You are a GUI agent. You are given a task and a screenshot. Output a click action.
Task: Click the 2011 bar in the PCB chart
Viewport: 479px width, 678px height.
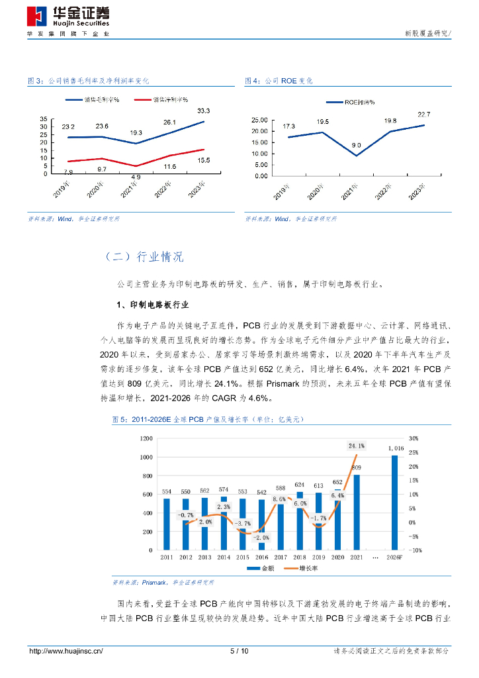click(166, 524)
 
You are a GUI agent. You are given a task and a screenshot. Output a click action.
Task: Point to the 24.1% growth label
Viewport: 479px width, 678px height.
click(356, 446)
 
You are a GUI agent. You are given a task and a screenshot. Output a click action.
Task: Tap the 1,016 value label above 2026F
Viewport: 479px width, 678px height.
click(396, 448)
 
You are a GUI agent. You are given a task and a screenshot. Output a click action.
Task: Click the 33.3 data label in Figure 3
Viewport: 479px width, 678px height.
click(204, 111)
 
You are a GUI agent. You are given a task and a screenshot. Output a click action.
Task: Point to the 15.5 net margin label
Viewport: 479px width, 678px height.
click(204, 160)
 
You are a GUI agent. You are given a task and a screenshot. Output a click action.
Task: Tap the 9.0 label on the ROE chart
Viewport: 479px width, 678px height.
click(356, 145)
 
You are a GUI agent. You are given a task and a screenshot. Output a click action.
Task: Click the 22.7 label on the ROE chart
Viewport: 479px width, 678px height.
click(423, 115)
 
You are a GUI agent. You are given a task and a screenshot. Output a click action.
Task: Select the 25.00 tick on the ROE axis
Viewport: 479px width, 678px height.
click(260, 120)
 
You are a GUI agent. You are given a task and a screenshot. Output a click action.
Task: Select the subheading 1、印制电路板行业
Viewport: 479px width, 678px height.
click(153, 305)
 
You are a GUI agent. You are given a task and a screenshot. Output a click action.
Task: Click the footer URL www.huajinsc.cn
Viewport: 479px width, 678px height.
click(66, 651)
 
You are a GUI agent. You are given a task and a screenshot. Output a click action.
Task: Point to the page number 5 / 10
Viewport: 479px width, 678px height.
click(239, 651)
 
